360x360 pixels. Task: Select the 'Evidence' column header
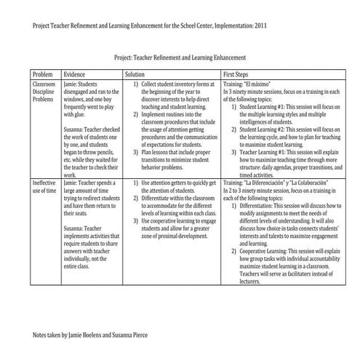[76, 75]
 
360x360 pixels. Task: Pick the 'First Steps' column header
[239, 75]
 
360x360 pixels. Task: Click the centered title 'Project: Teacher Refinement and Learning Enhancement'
[180, 56]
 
